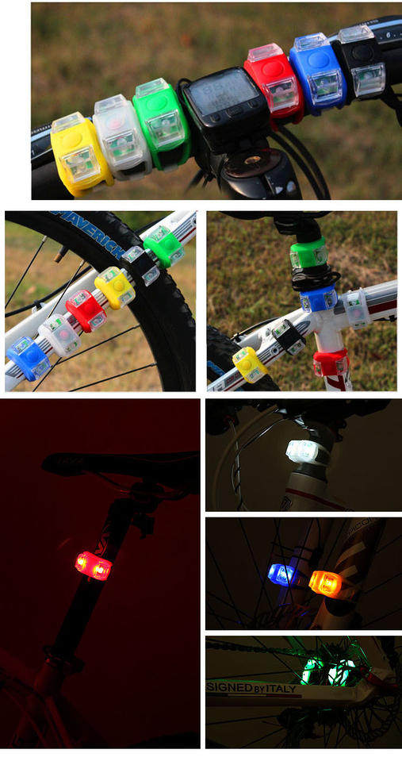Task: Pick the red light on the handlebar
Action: pos(274,83)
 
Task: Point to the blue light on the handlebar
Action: pos(317,71)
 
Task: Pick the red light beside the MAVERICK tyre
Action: pos(86,310)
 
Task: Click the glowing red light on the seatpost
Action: pos(93,566)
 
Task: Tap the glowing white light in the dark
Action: pos(303,452)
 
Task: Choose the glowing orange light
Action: pos(325,583)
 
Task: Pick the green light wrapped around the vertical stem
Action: pos(308,254)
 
